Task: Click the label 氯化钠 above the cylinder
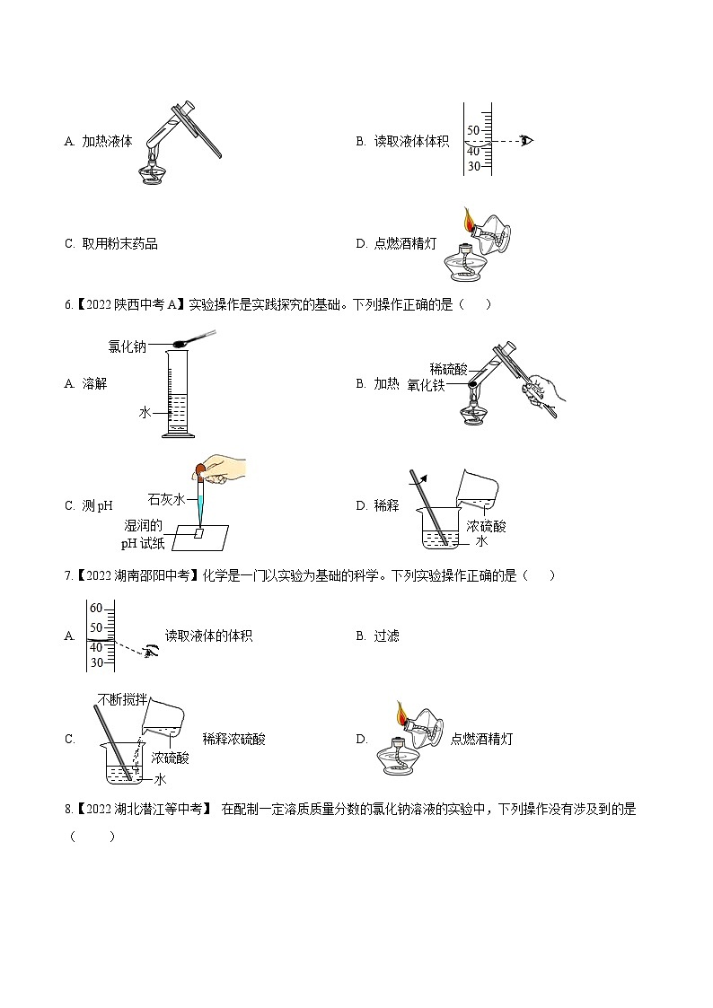coord(127,345)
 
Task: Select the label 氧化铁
coord(426,386)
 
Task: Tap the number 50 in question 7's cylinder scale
coord(96,627)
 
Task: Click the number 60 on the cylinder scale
coord(96,609)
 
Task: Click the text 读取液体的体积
coord(208,635)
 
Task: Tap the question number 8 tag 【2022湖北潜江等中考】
coord(139,810)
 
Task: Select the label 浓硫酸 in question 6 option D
coord(486,526)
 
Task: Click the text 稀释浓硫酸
coord(233,740)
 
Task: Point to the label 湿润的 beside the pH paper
coord(143,525)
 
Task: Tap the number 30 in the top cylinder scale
coord(474,166)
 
